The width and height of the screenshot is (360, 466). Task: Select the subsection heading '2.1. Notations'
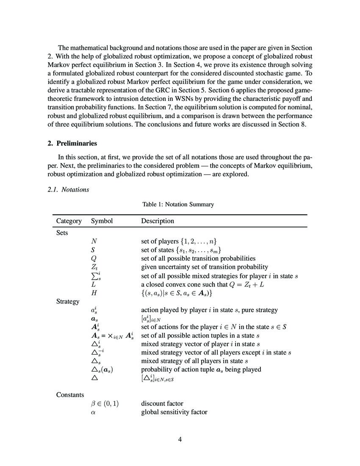click(x=68, y=189)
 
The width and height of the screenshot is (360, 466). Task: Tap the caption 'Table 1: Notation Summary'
click(x=178, y=204)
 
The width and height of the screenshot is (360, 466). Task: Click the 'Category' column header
click(x=69, y=221)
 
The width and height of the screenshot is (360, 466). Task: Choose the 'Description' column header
click(x=157, y=221)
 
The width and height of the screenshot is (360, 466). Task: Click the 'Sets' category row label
click(x=62, y=233)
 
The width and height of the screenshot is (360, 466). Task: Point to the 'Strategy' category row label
click(x=68, y=301)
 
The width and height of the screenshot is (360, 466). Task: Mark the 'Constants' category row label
click(x=70, y=394)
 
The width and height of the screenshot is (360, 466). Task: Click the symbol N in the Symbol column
click(x=94, y=241)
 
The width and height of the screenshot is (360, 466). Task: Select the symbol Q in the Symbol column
click(x=94, y=258)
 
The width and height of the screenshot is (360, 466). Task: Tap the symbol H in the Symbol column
click(x=94, y=293)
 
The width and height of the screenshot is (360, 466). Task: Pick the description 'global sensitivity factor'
click(x=174, y=412)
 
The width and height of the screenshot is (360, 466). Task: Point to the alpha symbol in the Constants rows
click(x=93, y=412)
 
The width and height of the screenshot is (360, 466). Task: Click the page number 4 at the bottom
click(x=180, y=439)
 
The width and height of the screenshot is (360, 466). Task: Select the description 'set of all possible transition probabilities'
click(x=198, y=258)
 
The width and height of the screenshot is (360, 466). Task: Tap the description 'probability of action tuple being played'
click(x=201, y=369)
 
